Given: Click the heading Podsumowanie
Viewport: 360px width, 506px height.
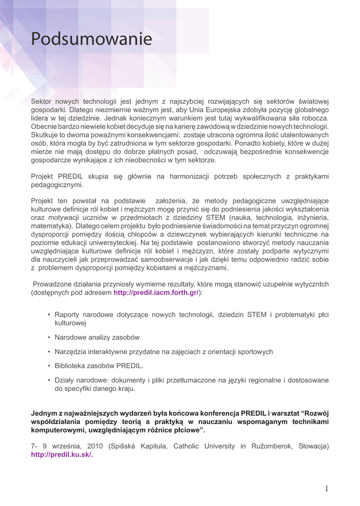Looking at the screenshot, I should tap(91, 40).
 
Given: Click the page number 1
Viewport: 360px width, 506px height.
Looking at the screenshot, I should tap(326, 489).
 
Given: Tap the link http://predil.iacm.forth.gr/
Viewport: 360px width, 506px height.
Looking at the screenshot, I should tap(156, 293).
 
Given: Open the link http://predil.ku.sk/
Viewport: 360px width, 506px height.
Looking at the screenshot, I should tap(62, 455).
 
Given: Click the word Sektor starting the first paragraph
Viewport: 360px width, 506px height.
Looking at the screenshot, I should tap(41, 101).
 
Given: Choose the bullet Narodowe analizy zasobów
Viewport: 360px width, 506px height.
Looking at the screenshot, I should tap(97, 337).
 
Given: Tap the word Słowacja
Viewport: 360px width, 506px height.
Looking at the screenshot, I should tap(314, 446).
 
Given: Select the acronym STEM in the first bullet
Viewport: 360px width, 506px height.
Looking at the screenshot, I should tap(257, 314).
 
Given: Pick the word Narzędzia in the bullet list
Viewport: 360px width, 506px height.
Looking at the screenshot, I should tap(70, 351).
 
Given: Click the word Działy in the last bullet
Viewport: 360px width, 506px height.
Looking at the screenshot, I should tap(65, 380).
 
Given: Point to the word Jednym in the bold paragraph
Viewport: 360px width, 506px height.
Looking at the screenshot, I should tap(44, 413).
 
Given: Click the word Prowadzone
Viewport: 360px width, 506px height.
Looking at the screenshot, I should tap(53, 284).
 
